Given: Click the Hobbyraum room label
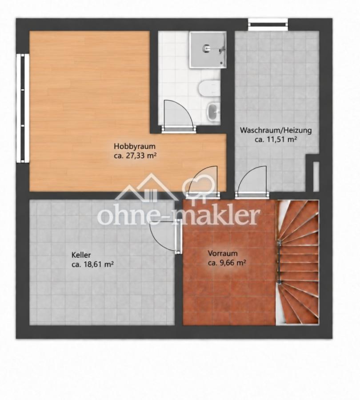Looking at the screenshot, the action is click(x=135, y=147).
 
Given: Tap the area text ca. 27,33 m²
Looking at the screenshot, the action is click(x=135, y=156).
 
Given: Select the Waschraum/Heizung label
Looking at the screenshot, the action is click(x=276, y=130).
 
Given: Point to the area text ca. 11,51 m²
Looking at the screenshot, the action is click(x=276, y=140).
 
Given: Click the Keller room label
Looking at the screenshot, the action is click(x=81, y=255).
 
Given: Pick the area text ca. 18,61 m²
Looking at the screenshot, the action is click(x=92, y=264).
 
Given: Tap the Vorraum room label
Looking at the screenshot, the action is click(x=223, y=253).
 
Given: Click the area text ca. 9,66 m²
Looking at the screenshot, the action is click(x=227, y=263).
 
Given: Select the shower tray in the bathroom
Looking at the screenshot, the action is click(x=208, y=50).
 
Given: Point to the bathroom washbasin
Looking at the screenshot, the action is click(x=214, y=111).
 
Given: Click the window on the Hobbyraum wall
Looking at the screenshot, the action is click(x=23, y=108).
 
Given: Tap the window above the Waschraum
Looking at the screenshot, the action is click(x=268, y=24).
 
